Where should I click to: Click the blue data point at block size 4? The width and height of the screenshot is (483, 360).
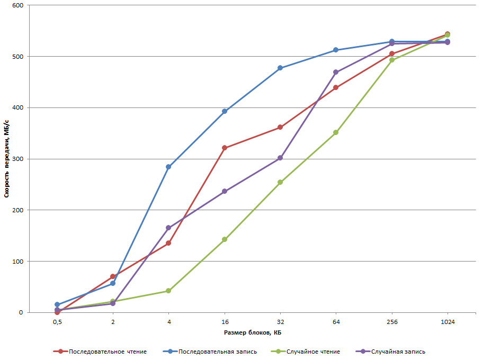pos(168,167)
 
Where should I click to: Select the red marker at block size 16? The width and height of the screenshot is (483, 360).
pos(225,148)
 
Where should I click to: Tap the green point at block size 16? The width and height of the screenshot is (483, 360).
pos(225,239)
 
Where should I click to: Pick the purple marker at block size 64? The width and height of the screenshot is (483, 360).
pos(336,72)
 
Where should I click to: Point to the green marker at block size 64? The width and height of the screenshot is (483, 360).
pos(336,132)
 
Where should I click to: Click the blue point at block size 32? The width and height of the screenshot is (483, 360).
pos(280,68)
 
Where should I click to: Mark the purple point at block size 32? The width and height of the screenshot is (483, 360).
pos(280,158)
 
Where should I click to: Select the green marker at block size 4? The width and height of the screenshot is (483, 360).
pos(168,291)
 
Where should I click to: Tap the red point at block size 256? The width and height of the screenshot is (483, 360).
pos(392,53)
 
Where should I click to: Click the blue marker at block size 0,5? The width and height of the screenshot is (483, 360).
pos(57,304)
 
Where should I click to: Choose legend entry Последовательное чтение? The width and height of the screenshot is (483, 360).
pos(108,351)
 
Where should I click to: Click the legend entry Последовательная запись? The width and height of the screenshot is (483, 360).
pos(218,351)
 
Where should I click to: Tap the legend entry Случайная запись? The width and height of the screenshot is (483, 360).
pos(398,351)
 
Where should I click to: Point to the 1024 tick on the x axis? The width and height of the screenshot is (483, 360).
pos(448,321)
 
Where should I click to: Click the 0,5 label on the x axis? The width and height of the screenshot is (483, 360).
pos(57,321)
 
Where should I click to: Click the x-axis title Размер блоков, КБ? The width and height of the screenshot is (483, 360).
pos(252,332)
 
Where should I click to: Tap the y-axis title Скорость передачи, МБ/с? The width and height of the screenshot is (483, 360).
pos(7,159)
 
